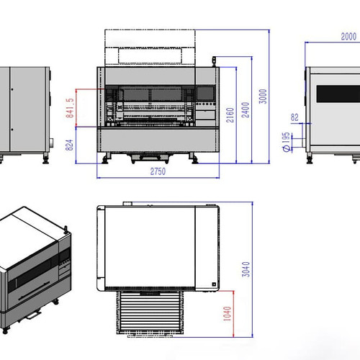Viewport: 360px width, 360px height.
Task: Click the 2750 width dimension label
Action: [x=158, y=171]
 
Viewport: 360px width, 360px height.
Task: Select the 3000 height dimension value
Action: [x=263, y=96]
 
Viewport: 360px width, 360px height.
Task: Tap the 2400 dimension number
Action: [x=246, y=110]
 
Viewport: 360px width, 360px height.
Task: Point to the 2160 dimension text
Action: [x=230, y=115]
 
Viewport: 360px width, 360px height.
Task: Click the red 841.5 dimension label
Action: [x=70, y=108]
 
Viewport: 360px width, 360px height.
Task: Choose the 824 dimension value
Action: [x=69, y=145]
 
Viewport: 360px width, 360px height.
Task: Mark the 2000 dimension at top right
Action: [x=348, y=37]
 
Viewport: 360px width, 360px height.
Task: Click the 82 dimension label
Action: [x=294, y=117]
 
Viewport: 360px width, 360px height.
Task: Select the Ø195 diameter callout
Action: [x=286, y=142]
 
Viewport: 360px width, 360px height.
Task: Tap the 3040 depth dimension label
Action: [x=246, y=269]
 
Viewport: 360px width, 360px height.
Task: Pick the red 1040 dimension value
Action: [x=227, y=313]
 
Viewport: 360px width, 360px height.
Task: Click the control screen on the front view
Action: [x=205, y=94]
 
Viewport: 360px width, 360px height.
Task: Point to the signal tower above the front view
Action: [x=214, y=62]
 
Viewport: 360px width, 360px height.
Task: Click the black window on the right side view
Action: [x=338, y=94]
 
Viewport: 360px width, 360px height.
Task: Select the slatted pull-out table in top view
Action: [x=150, y=312]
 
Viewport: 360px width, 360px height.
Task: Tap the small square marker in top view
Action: [x=214, y=284]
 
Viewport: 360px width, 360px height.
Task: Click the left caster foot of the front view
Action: [x=105, y=158]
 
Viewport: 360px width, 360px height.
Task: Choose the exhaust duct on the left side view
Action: [x=51, y=143]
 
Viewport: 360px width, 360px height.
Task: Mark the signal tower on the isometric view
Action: [x=66, y=230]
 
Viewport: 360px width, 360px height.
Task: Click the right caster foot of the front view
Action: [x=194, y=158]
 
